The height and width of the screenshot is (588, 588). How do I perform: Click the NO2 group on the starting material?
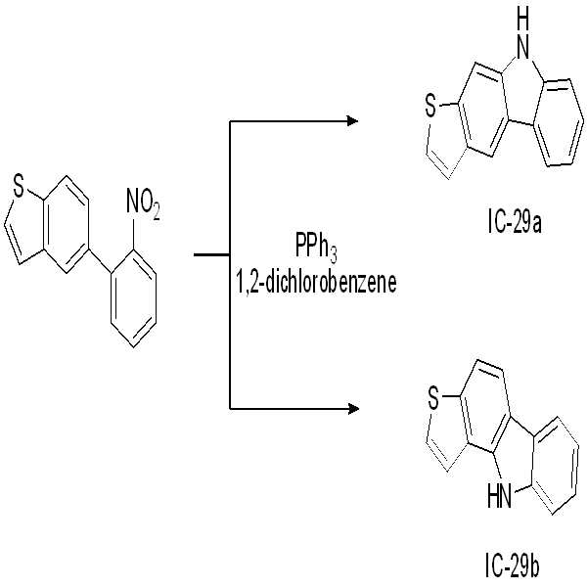[x=143, y=204]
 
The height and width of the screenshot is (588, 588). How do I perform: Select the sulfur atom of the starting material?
[x=18, y=187]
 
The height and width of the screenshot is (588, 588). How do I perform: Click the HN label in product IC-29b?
[x=499, y=496]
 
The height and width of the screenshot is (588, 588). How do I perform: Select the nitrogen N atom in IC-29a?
[x=522, y=48]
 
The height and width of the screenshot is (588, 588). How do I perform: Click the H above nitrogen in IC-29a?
[x=522, y=18]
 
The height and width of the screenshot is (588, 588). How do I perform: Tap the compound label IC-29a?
[x=515, y=224]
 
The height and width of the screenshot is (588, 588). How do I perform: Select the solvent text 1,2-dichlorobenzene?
[x=316, y=283]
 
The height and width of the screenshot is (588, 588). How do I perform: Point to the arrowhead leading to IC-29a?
[x=353, y=121]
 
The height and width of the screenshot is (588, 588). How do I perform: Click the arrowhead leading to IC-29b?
[x=353, y=408]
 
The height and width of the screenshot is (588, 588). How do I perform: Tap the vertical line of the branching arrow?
[x=230, y=265]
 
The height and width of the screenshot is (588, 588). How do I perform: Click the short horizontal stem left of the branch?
[x=211, y=255]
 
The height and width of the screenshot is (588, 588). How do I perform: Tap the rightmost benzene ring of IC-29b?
[x=559, y=466]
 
